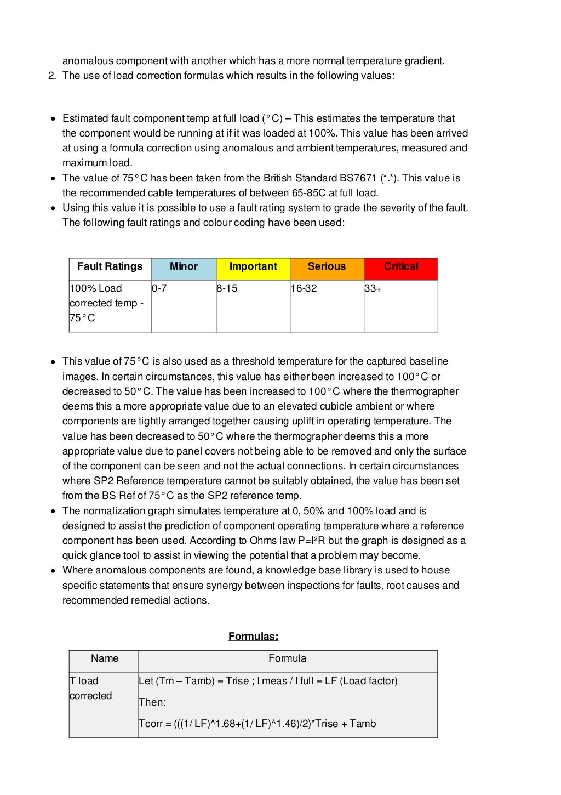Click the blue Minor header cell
tap(184, 269)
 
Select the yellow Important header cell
tap(253, 269)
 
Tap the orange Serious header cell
tap(327, 269)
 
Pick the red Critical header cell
tap(400, 269)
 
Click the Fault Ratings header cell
tap(110, 269)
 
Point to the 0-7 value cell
tap(183, 305)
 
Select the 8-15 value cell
tap(253, 305)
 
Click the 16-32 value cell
tap(327, 305)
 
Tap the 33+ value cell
tap(400, 305)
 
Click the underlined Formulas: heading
tap(253, 637)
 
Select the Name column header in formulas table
tap(104, 658)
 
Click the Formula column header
tap(287, 658)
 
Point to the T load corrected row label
tap(91, 688)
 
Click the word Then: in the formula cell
tap(152, 702)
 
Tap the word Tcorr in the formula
tap(151, 724)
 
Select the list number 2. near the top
tap(53, 76)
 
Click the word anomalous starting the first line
tap(85, 61)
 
